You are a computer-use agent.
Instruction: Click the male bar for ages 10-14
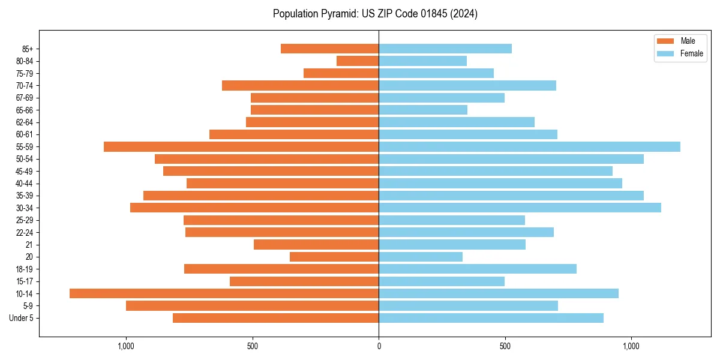pos(224,293)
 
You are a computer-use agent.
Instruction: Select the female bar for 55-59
pos(529,146)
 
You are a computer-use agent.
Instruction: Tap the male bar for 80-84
pos(358,61)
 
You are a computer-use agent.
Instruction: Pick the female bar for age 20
pos(421,257)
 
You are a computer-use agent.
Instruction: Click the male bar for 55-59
pos(241,146)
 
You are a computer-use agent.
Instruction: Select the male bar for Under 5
pos(275,318)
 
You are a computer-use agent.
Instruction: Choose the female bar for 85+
pos(445,49)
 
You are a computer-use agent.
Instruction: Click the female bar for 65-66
pos(423,110)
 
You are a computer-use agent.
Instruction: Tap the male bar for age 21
pos(316,244)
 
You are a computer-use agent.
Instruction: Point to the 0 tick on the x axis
pos(379,346)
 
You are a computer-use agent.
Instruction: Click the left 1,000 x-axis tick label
pos(126,346)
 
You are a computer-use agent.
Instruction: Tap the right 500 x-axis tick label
pos(505,346)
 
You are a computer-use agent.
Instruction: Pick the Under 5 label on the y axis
pos(21,318)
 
